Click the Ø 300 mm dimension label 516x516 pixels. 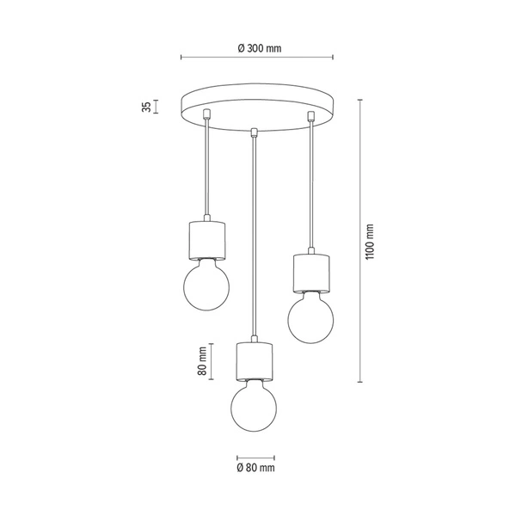pyautogui.click(x=258, y=48)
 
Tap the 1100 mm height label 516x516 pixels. pyautogui.click(x=371, y=243)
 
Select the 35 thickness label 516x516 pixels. pyautogui.click(x=147, y=107)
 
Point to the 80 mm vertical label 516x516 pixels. pyautogui.click(x=201, y=360)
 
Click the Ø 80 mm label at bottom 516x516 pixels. pyautogui.click(x=255, y=468)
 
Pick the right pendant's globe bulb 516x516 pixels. pyautogui.click(x=310, y=316)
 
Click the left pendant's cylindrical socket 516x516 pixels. pyautogui.click(x=206, y=240)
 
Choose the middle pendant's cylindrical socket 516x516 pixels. pyautogui.click(x=255, y=362)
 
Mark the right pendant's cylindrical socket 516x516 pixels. pyautogui.click(x=310, y=272)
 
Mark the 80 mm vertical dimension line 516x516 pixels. pyautogui.click(x=212, y=360)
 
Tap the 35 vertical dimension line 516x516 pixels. pyautogui.click(x=157, y=107)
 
